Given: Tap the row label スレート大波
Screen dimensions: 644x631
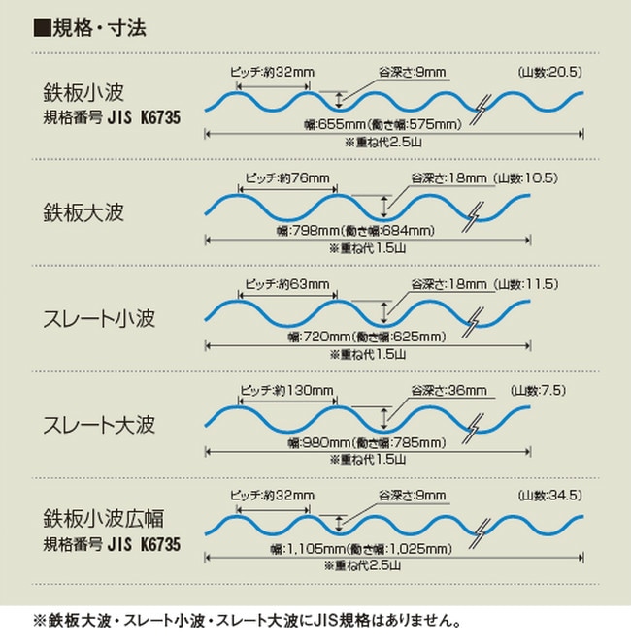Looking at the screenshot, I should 99,424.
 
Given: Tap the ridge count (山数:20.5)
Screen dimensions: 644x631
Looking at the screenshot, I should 548,72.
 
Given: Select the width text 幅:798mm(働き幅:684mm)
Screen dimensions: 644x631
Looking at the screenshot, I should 354,231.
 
